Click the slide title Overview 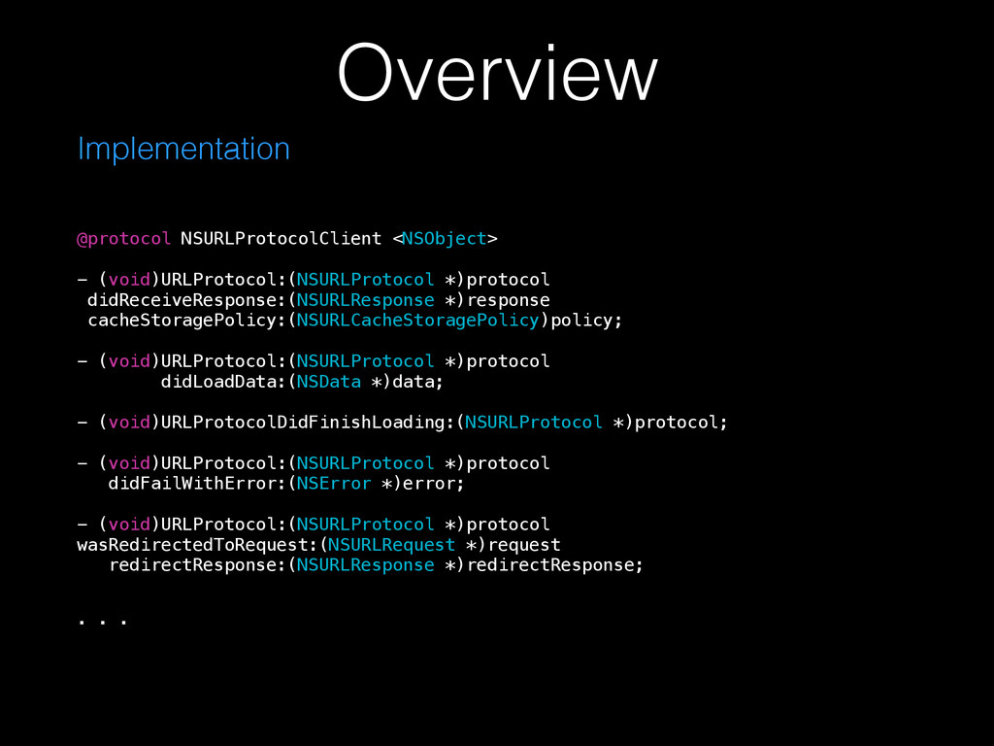click(x=497, y=74)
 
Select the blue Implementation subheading click(x=183, y=149)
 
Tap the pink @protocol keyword click(x=124, y=239)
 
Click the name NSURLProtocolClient click(x=281, y=239)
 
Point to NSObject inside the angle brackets click(x=444, y=239)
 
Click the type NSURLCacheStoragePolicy click(x=417, y=321)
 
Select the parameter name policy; click(x=586, y=321)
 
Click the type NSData click(x=328, y=382)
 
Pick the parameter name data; click(x=417, y=382)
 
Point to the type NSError click(x=333, y=484)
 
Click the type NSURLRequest click(x=391, y=545)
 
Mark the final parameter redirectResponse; click(x=554, y=565)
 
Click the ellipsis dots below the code click(x=102, y=618)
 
